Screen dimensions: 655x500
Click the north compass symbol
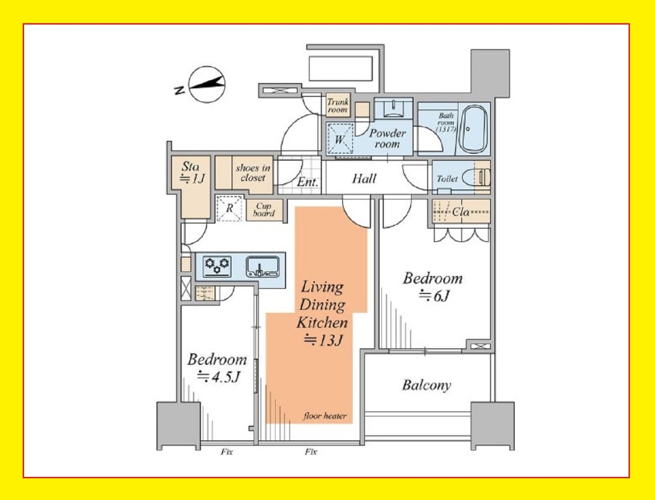coord(207,84)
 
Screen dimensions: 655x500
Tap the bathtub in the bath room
coord(473,129)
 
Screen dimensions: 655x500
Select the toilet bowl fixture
coord(476,178)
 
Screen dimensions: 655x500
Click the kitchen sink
coord(263,267)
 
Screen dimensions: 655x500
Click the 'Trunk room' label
coord(338,105)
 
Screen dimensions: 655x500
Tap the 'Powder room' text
coord(387,138)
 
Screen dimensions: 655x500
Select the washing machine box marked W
coord(340,139)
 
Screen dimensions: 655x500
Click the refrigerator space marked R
coord(229,208)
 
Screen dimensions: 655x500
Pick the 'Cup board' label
coord(264,210)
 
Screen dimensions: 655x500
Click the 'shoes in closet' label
coord(253,173)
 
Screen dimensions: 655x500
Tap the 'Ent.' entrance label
coord(308,182)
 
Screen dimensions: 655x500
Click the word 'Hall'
coord(364,179)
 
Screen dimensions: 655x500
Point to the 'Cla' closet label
coord(461,212)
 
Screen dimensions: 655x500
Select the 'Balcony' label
coord(427,385)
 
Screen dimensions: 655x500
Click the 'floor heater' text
coord(325,416)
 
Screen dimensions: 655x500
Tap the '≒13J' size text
coord(322,340)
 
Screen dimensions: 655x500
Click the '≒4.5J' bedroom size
coord(219,377)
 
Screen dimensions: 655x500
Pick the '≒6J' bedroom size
coord(433,296)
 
